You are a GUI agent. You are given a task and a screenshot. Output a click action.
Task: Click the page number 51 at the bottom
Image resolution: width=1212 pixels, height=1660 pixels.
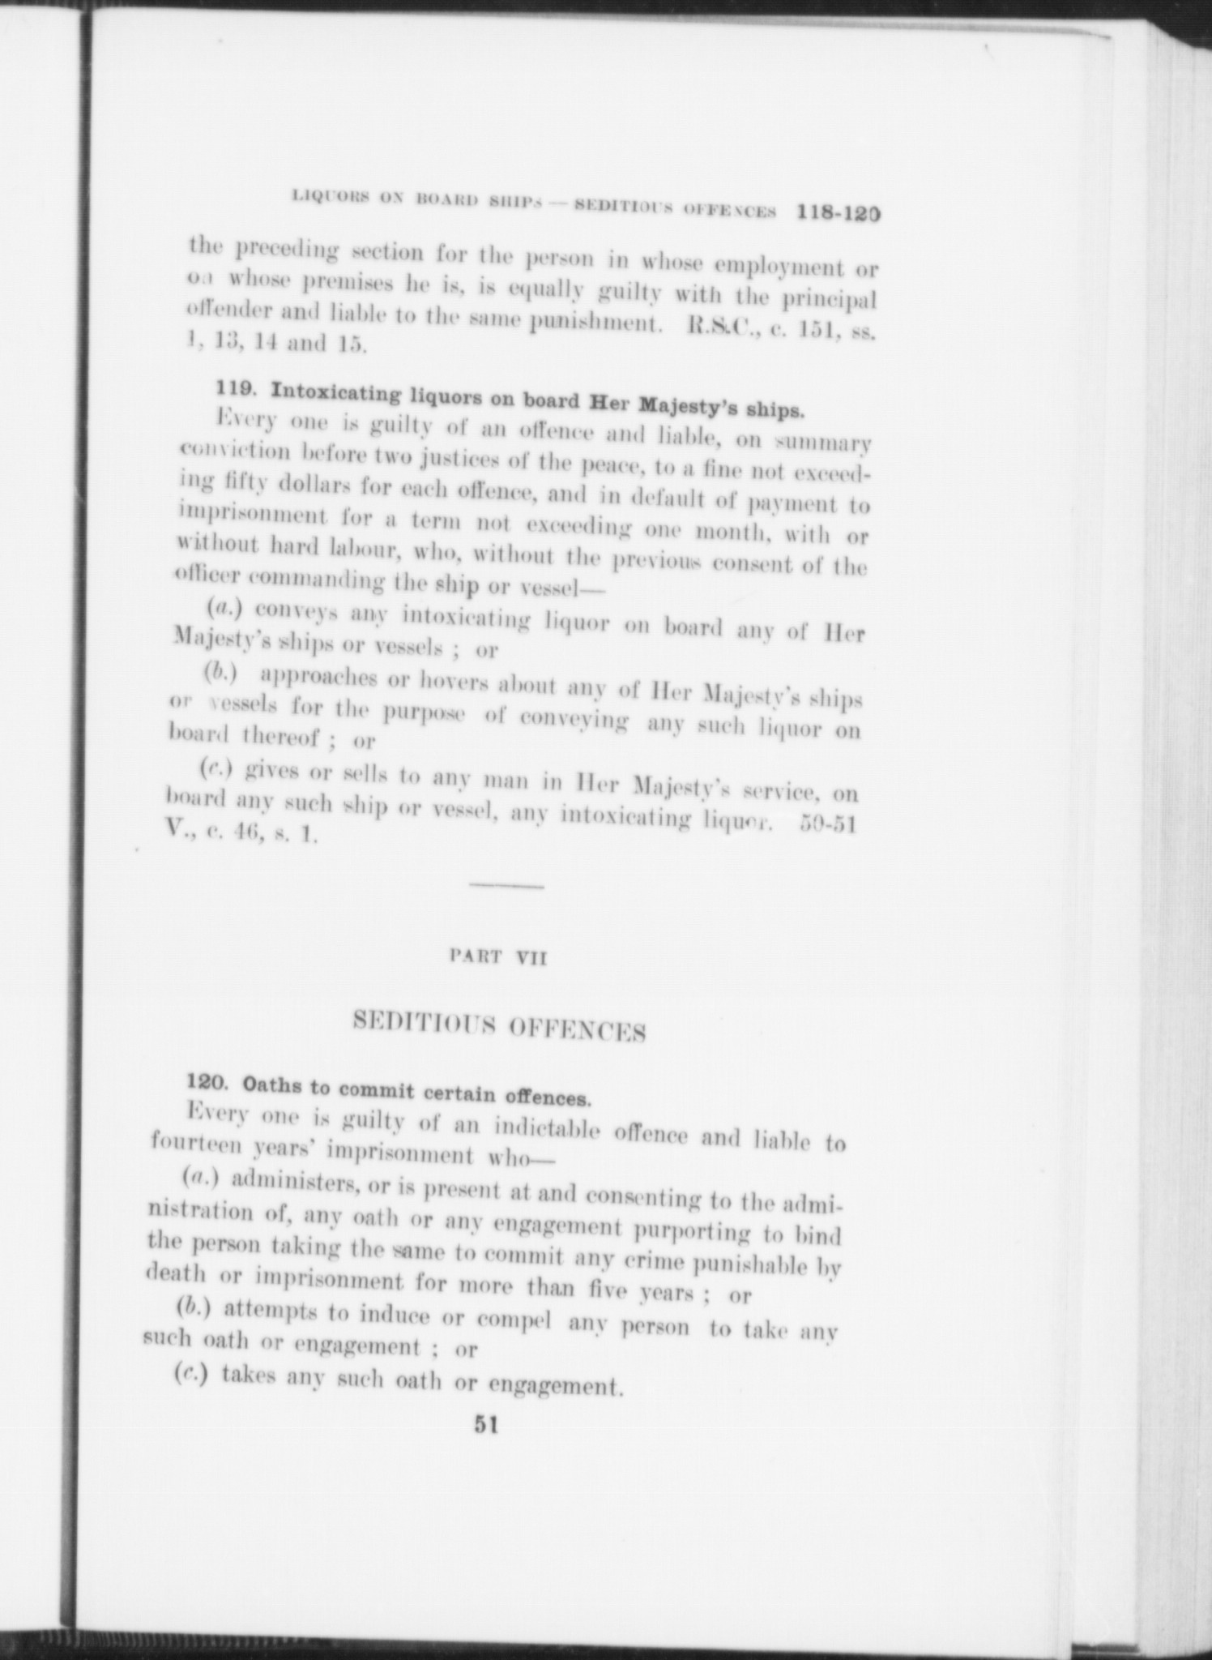[486, 1426]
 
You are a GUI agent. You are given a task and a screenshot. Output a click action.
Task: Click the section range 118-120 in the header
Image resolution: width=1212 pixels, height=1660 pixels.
[838, 213]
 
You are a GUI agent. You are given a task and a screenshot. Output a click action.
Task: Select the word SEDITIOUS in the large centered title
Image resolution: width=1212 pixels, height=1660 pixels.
[425, 1024]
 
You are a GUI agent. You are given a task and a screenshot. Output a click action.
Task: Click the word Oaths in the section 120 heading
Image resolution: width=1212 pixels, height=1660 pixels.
[273, 1085]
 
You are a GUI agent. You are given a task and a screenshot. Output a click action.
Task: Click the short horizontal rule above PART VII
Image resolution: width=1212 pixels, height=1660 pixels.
[506, 887]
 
